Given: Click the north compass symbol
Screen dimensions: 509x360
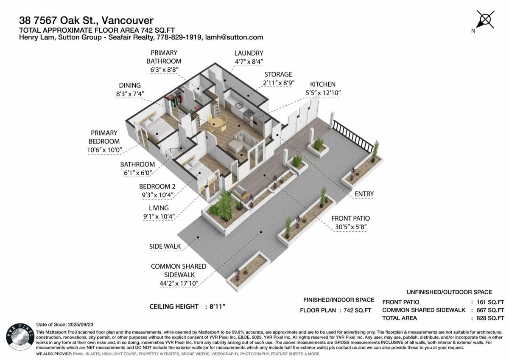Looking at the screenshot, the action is [485, 20].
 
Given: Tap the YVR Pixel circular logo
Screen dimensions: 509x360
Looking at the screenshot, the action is [20, 336].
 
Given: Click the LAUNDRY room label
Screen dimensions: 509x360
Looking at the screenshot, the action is [249, 53].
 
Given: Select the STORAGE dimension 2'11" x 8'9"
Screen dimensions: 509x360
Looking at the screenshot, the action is [278, 83].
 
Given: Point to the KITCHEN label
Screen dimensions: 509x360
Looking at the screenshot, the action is [323, 84].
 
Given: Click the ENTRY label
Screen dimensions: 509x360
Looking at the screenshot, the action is [364, 194].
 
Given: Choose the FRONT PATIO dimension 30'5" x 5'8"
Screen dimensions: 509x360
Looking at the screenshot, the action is [351, 227].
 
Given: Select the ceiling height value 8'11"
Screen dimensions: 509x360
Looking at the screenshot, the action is [217, 307].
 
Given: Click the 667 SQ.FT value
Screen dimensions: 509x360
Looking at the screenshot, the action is [490, 310].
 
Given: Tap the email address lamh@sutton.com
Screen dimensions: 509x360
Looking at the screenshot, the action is [234, 37].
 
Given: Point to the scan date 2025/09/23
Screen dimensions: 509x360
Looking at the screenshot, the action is [81, 324].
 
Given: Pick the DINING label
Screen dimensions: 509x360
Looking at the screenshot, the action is [130, 85].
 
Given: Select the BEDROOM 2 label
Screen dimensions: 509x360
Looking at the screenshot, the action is [157, 187].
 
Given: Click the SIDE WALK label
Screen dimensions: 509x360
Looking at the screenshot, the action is [165, 246].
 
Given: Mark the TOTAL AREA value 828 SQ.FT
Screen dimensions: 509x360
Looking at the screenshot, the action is [490, 318].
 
